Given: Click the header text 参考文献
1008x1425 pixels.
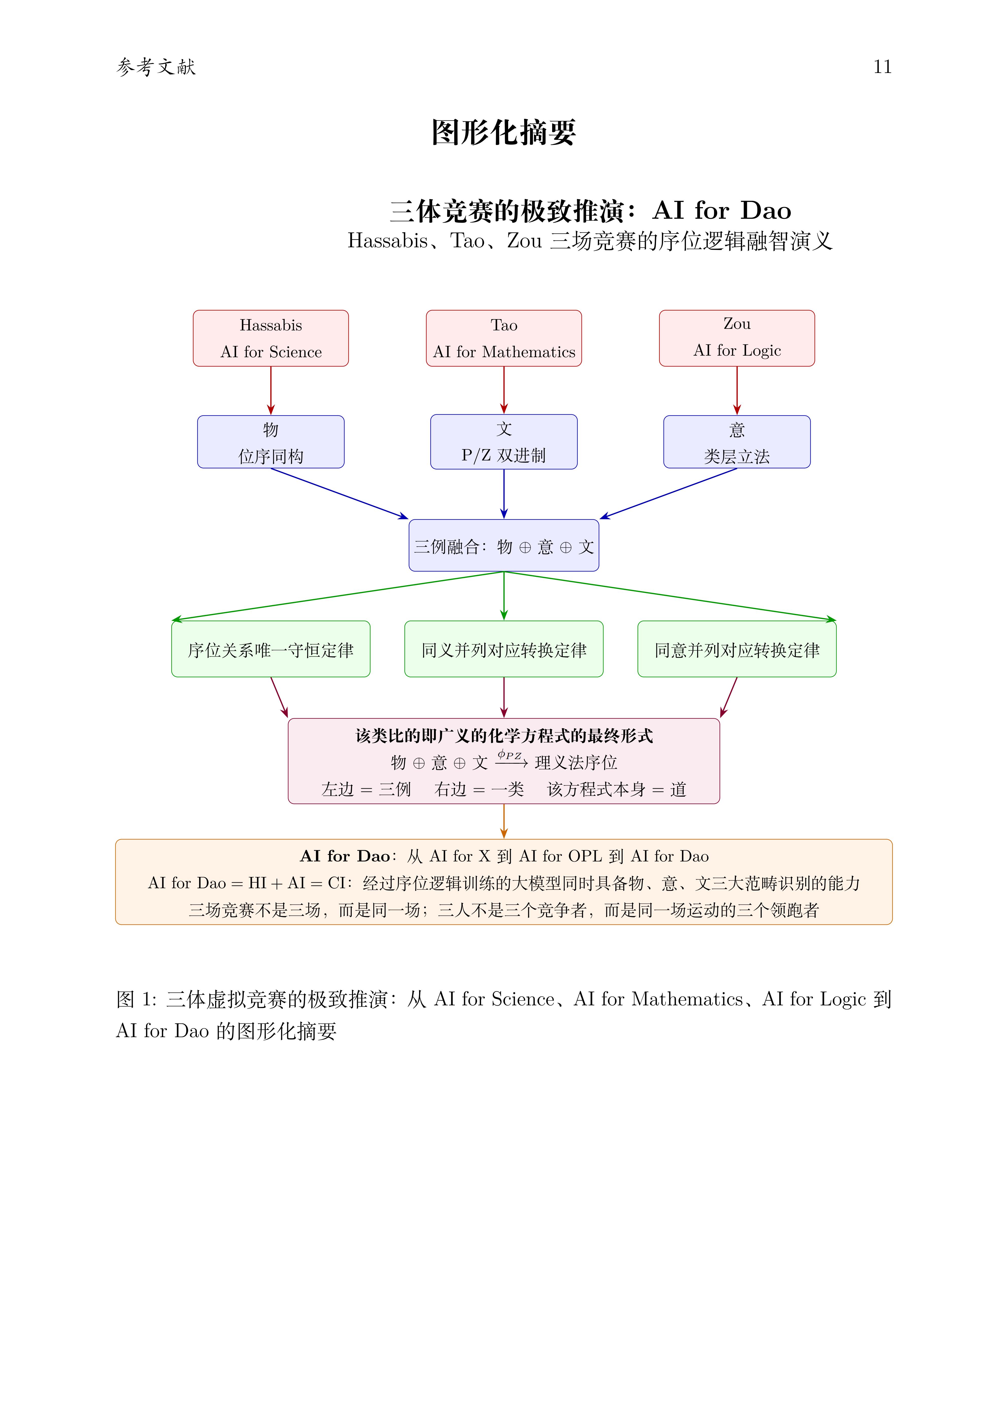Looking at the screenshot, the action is [156, 67].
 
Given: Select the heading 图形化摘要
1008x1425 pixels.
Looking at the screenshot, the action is [503, 132].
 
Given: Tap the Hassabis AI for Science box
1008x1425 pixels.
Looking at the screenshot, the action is [271, 338].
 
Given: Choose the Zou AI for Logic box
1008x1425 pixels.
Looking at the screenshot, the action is [737, 338].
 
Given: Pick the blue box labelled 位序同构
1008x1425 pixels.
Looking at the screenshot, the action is [271, 442].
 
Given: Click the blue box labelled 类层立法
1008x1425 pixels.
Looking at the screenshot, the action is [737, 442].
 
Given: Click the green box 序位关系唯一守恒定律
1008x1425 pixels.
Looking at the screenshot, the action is [271, 649].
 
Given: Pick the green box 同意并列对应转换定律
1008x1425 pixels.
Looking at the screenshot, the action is [737, 649].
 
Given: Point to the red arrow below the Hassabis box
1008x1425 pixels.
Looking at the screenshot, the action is [271, 390].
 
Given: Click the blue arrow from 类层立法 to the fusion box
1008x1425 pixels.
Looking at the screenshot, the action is [668, 494].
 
